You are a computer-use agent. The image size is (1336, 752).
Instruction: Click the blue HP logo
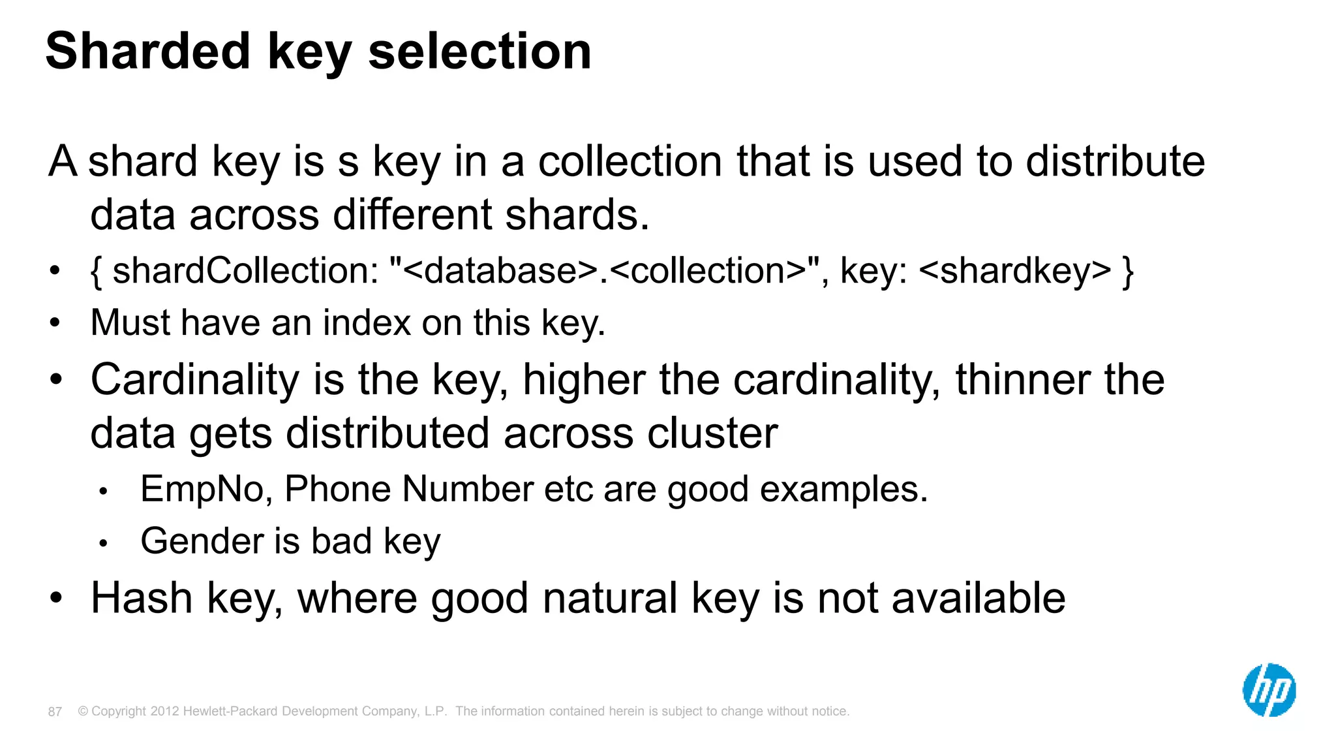[1269, 690]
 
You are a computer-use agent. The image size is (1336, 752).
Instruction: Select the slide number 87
[55, 712]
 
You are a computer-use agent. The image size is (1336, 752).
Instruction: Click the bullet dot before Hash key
[57, 598]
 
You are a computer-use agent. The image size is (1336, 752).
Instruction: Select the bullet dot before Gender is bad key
[103, 543]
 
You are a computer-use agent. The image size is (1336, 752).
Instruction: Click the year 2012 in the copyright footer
[164, 711]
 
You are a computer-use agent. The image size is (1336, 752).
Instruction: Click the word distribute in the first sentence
[1115, 161]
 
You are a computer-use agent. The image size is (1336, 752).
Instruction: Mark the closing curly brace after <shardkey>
[1128, 272]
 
